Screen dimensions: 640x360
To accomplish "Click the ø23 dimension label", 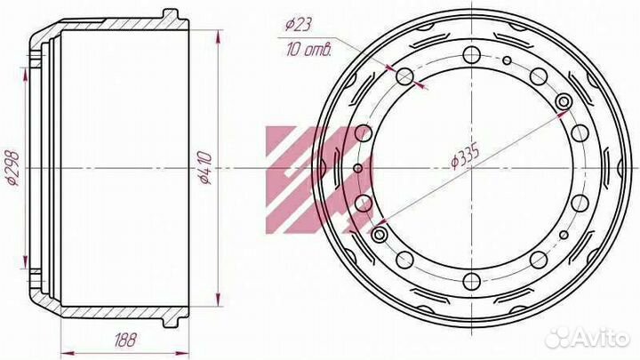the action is click(299, 25).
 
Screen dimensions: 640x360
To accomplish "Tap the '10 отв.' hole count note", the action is click(309, 50).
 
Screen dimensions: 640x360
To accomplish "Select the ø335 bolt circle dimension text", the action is click(465, 156).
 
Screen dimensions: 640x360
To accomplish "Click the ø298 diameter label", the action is click(13, 168).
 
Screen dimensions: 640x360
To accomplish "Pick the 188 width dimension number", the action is click(125, 340).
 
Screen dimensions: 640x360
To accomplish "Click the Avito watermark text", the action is click(600, 339).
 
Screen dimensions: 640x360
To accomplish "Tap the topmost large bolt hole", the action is click(472, 55).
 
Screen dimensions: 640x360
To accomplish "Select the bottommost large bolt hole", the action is click(472, 281).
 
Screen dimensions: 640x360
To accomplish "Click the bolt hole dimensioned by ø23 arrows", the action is click(405, 76).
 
